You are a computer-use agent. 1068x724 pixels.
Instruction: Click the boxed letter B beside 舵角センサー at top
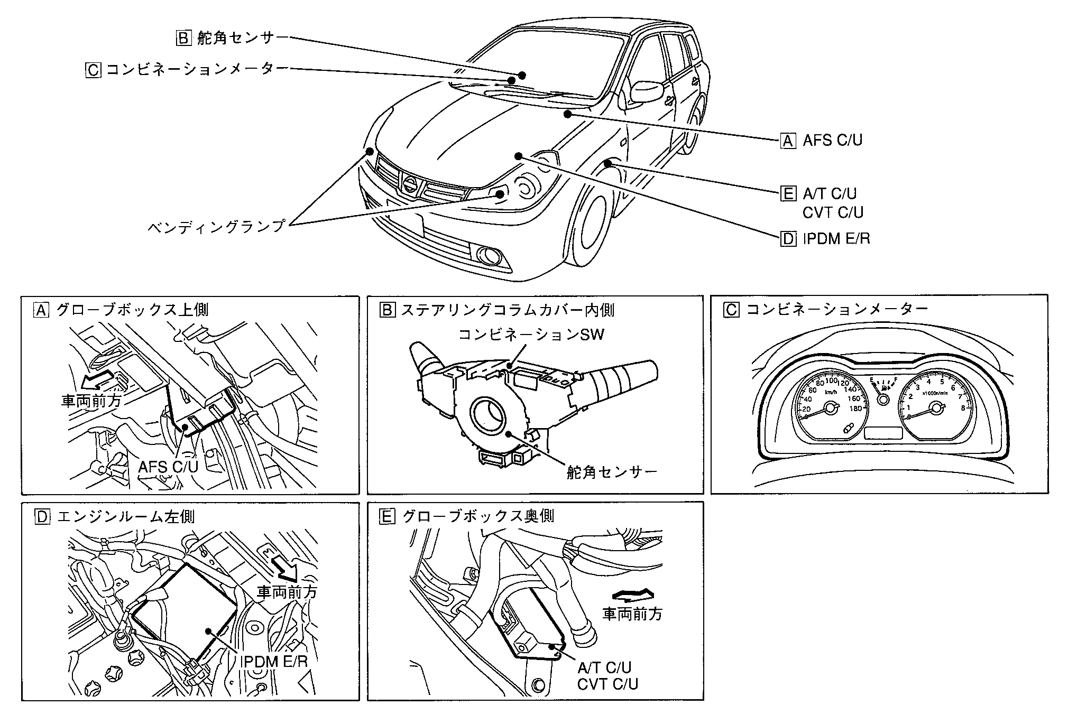coord(182,38)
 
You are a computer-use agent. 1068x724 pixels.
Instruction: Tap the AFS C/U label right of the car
coord(832,141)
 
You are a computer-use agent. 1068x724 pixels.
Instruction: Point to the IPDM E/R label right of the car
coord(836,239)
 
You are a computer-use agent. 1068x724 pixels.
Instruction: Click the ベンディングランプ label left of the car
coord(216,227)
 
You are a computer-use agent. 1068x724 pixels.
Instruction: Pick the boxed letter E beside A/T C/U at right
coord(788,194)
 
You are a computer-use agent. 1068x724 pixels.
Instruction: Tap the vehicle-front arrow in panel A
coord(98,379)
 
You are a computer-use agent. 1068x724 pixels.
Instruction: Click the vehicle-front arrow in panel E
coord(632,595)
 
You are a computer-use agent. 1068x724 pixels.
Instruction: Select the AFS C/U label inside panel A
coord(168,467)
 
